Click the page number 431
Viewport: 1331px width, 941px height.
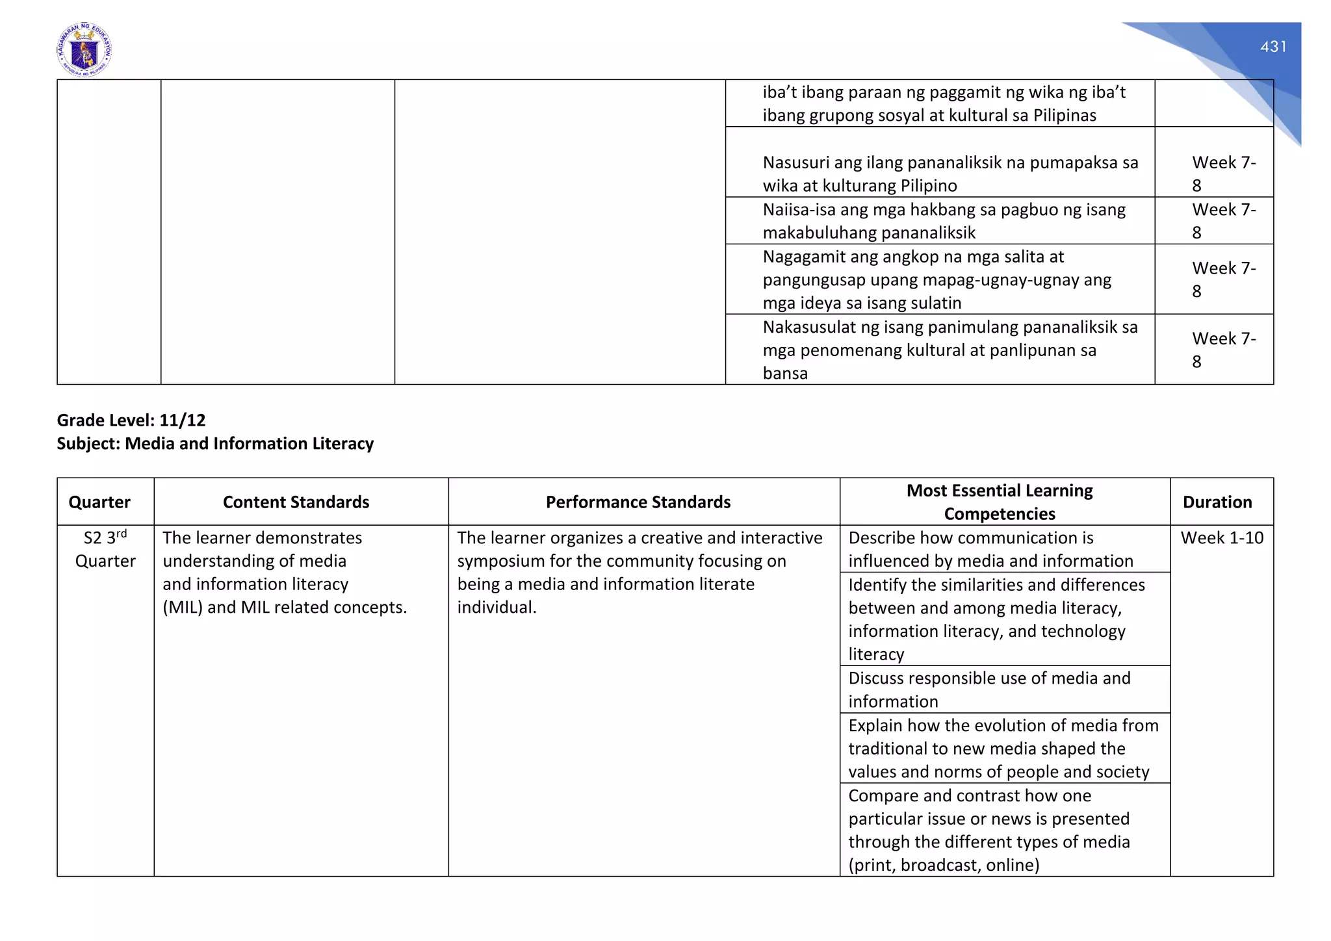(x=1273, y=47)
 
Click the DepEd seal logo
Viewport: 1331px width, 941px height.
(x=84, y=50)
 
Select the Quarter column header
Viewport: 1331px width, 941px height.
(x=99, y=502)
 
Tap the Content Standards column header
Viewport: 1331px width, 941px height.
(x=296, y=502)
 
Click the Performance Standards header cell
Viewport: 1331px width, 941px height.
(x=638, y=502)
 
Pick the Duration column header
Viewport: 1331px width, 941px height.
(x=1217, y=502)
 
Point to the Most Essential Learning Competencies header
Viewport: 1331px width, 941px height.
(x=1000, y=502)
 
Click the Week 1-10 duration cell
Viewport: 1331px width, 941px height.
(x=1222, y=538)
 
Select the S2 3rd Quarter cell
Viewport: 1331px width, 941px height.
(x=105, y=549)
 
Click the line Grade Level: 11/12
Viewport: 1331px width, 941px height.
(x=131, y=420)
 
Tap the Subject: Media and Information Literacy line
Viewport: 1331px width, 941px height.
(x=215, y=444)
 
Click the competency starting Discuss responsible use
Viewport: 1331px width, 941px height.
(x=989, y=690)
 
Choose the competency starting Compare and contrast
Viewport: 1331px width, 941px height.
(x=989, y=830)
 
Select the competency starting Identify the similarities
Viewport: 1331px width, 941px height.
(x=996, y=619)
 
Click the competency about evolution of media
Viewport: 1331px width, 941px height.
(x=1003, y=748)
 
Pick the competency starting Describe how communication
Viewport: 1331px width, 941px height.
(x=990, y=549)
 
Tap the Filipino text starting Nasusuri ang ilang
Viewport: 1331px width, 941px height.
(x=950, y=174)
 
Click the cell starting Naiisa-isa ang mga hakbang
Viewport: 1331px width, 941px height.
(x=944, y=221)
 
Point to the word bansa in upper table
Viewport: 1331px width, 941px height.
(x=785, y=374)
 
